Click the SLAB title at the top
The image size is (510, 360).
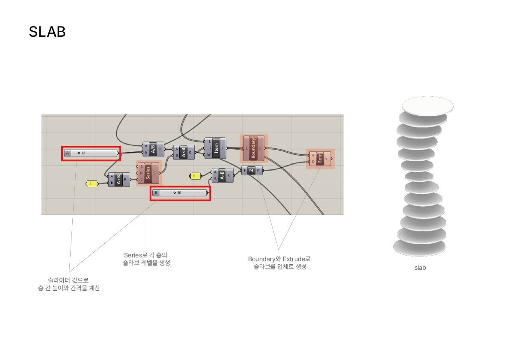point(47,32)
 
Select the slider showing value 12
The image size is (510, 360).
point(91,153)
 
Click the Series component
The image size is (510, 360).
point(148,173)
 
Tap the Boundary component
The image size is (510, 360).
point(253,148)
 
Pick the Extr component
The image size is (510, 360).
point(320,159)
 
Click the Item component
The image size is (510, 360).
point(216,148)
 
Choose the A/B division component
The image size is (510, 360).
point(153,149)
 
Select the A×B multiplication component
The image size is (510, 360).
point(184,152)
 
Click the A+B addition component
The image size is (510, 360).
point(119,180)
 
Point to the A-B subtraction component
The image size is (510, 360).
point(222,175)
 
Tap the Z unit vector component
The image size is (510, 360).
point(252,170)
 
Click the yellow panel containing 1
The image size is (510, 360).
point(91,184)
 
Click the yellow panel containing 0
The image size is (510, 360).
point(195,176)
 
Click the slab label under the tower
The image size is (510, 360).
point(420,268)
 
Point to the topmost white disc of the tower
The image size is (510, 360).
point(427,105)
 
